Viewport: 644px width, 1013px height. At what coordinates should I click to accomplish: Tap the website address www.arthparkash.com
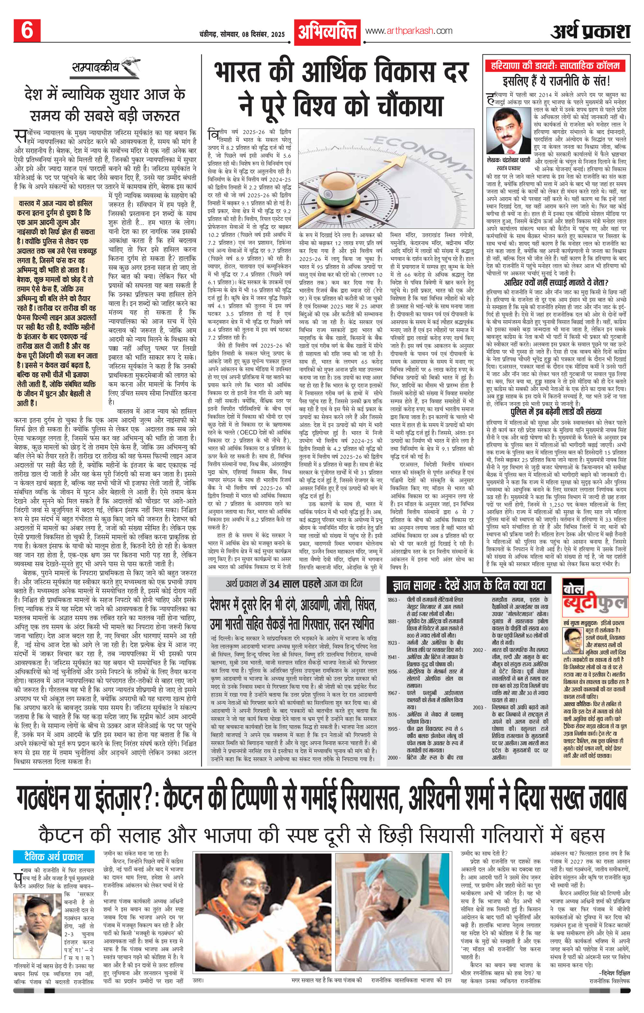coord(409,31)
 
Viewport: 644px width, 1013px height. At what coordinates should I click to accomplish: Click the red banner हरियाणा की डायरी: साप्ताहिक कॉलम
coord(555,66)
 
